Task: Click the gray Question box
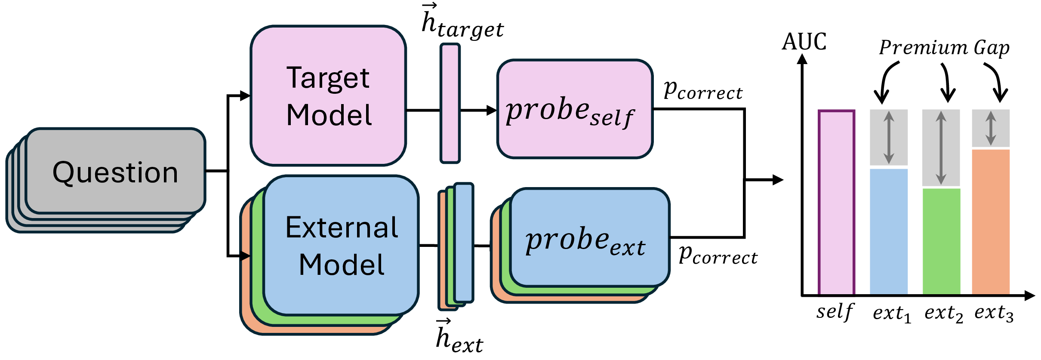(x=115, y=171)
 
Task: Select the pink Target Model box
(x=328, y=95)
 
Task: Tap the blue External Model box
(x=341, y=245)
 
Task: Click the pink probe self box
(x=575, y=109)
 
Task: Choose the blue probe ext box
(x=589, y=237)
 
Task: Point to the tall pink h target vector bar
(x=450, y=103)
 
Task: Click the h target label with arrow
(x=462, y=24)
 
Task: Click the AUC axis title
(x=804, y=42)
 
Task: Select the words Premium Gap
(x=944, y=48)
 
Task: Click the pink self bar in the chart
(x=836, y=202)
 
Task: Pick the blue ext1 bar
(x=889, y=231)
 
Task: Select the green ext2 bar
(x=941, y=241)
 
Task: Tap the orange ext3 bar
(x=991, y=222)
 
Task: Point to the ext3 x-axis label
(x=993, y=313)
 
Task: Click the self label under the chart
(x=835, y=311)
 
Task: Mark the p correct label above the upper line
(x=703, y=91)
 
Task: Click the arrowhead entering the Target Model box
(x=245, y=95)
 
